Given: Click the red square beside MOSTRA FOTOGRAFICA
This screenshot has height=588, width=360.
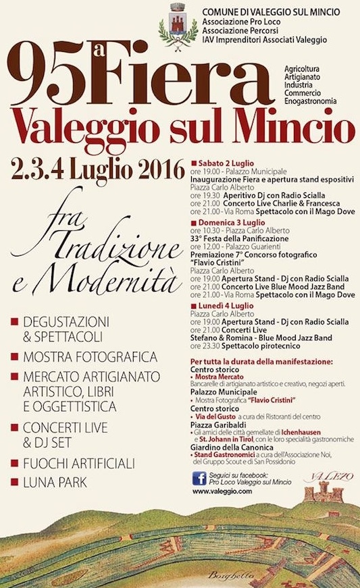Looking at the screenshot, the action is click(13, 356).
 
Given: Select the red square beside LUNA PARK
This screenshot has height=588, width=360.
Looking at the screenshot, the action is click(13, 483).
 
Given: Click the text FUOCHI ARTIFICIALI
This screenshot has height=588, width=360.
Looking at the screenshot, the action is click(80, 464).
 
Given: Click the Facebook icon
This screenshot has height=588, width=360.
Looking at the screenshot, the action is click(199, 479).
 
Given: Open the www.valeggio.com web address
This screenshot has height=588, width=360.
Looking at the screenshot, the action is click(222, 492).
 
